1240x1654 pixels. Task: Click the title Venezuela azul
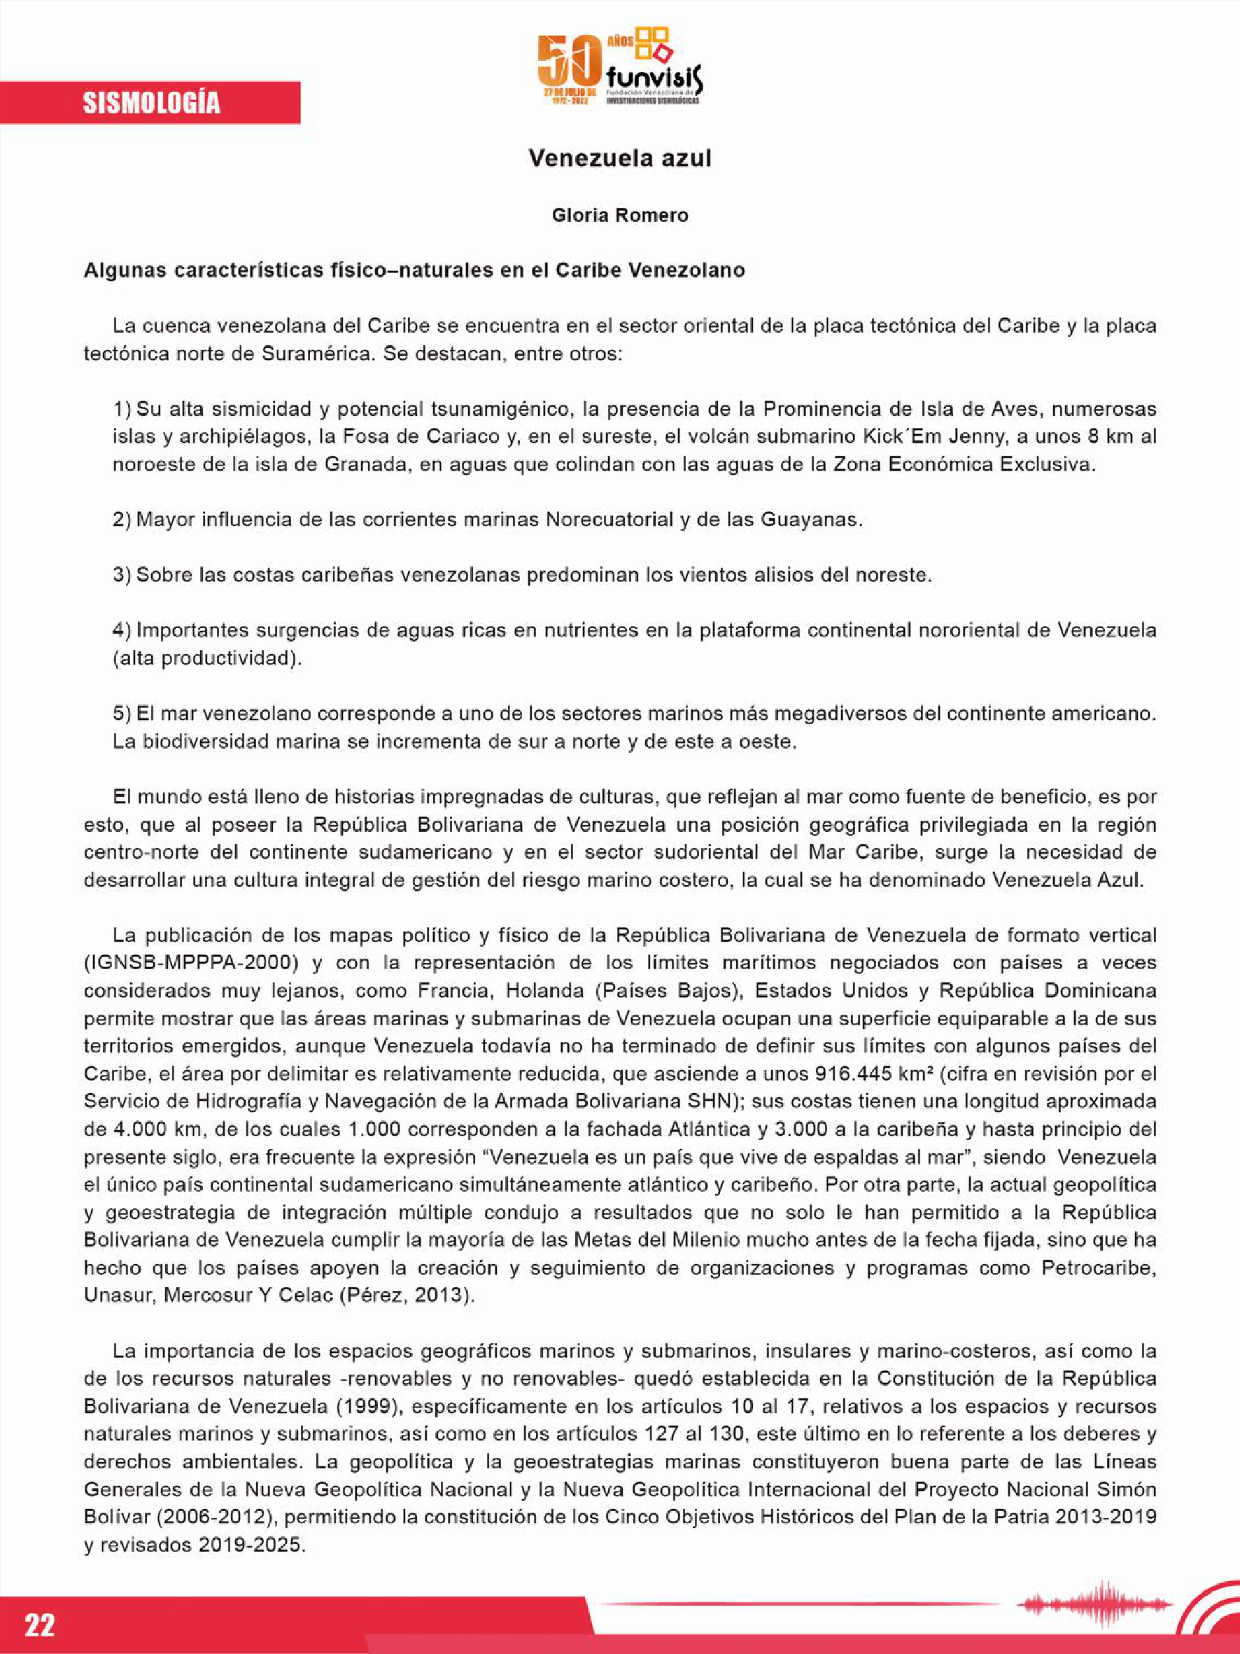point(619,158)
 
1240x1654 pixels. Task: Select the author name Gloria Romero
point(619,216)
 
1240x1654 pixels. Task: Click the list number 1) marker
point(122,409)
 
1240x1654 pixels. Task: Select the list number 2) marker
point(122,520)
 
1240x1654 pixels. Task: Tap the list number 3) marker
point(122,575)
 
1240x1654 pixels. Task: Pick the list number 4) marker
point(122,630)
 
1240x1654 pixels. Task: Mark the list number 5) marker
point(122,714)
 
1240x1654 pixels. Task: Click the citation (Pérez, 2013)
point(407,1296)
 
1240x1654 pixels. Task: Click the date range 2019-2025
point(252,1545)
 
